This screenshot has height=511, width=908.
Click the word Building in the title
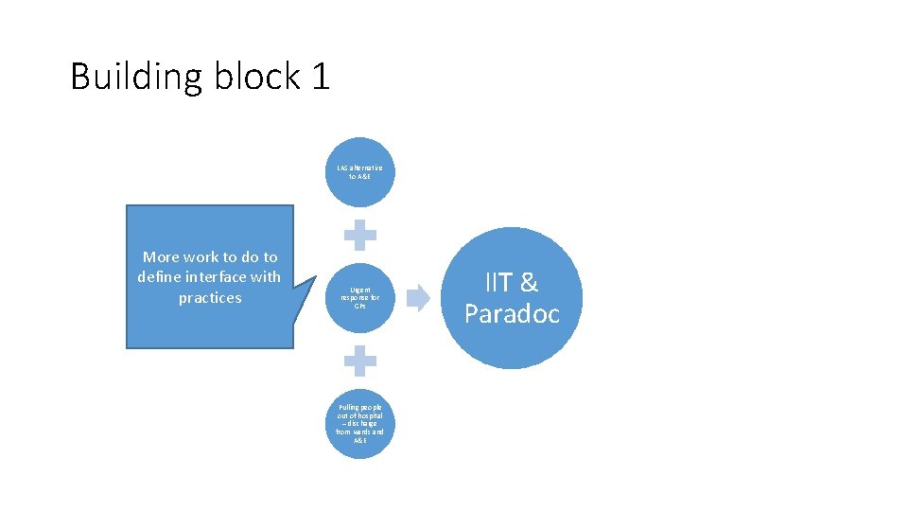136,77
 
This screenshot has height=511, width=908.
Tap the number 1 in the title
319,77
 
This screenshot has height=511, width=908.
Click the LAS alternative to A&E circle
359,172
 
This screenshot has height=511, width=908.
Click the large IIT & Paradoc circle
512,298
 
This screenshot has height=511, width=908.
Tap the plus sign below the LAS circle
359,235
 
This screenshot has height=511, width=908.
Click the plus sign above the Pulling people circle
359,361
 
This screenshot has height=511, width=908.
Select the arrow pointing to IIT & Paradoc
417,298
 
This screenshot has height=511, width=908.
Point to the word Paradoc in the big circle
512,314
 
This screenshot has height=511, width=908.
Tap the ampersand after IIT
529,282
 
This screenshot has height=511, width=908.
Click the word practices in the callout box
210,298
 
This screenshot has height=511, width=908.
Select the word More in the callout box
162,257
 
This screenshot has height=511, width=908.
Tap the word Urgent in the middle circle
360,291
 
